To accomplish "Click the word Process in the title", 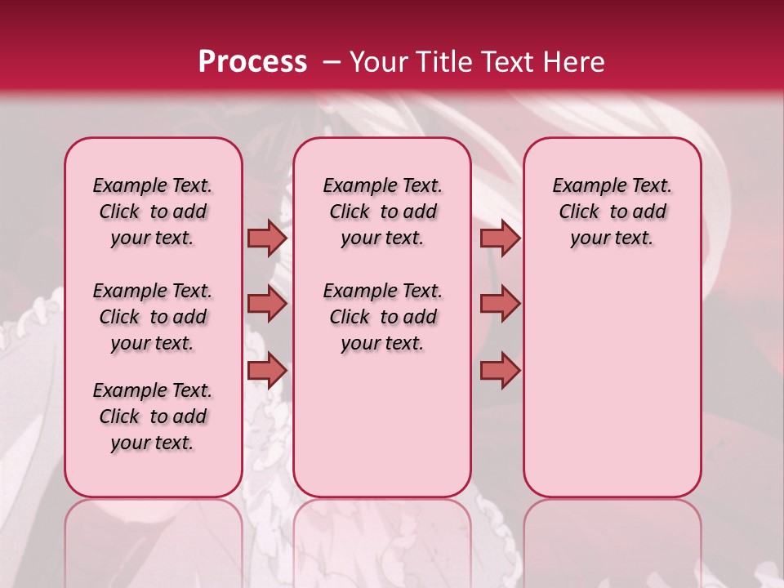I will (x=252, y=62).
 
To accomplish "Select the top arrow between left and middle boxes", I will (x=266, y=238).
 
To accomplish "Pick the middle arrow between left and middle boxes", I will (x=266, y=304).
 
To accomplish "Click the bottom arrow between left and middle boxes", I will (x=266, y=370).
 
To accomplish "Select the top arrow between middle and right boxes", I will (x=500, y=238).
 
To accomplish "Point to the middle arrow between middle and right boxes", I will (x=500, y=304).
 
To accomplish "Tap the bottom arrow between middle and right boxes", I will (x=500, y=370).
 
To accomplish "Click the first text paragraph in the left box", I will (x=153, y=212).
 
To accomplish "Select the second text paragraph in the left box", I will (x=153, y=317).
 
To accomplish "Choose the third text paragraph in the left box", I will (x=153, y=416).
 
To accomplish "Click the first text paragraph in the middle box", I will (x=382, y=212).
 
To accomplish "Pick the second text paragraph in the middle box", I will (x=382, y=317).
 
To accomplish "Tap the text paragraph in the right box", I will (x=612, y=212).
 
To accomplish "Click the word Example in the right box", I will (x=583, y=186).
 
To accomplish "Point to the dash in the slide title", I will (x=331, y=62).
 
